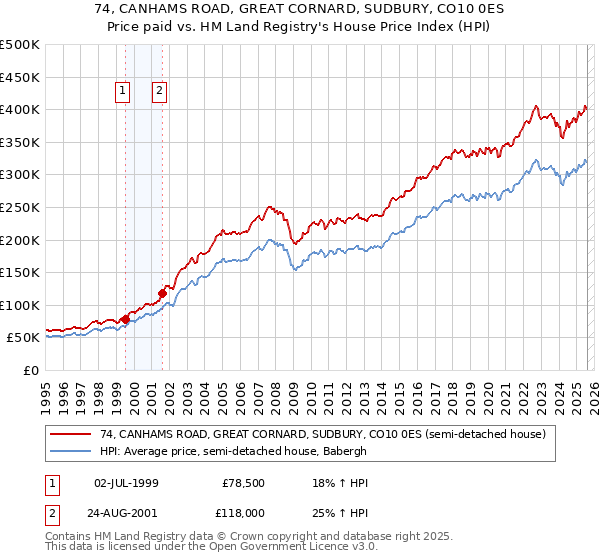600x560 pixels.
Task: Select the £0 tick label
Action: point(30,370)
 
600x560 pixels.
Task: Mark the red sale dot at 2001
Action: point(162,293)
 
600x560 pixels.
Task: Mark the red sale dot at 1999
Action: point(125,319)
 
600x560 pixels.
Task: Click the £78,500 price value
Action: point(240,483)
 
